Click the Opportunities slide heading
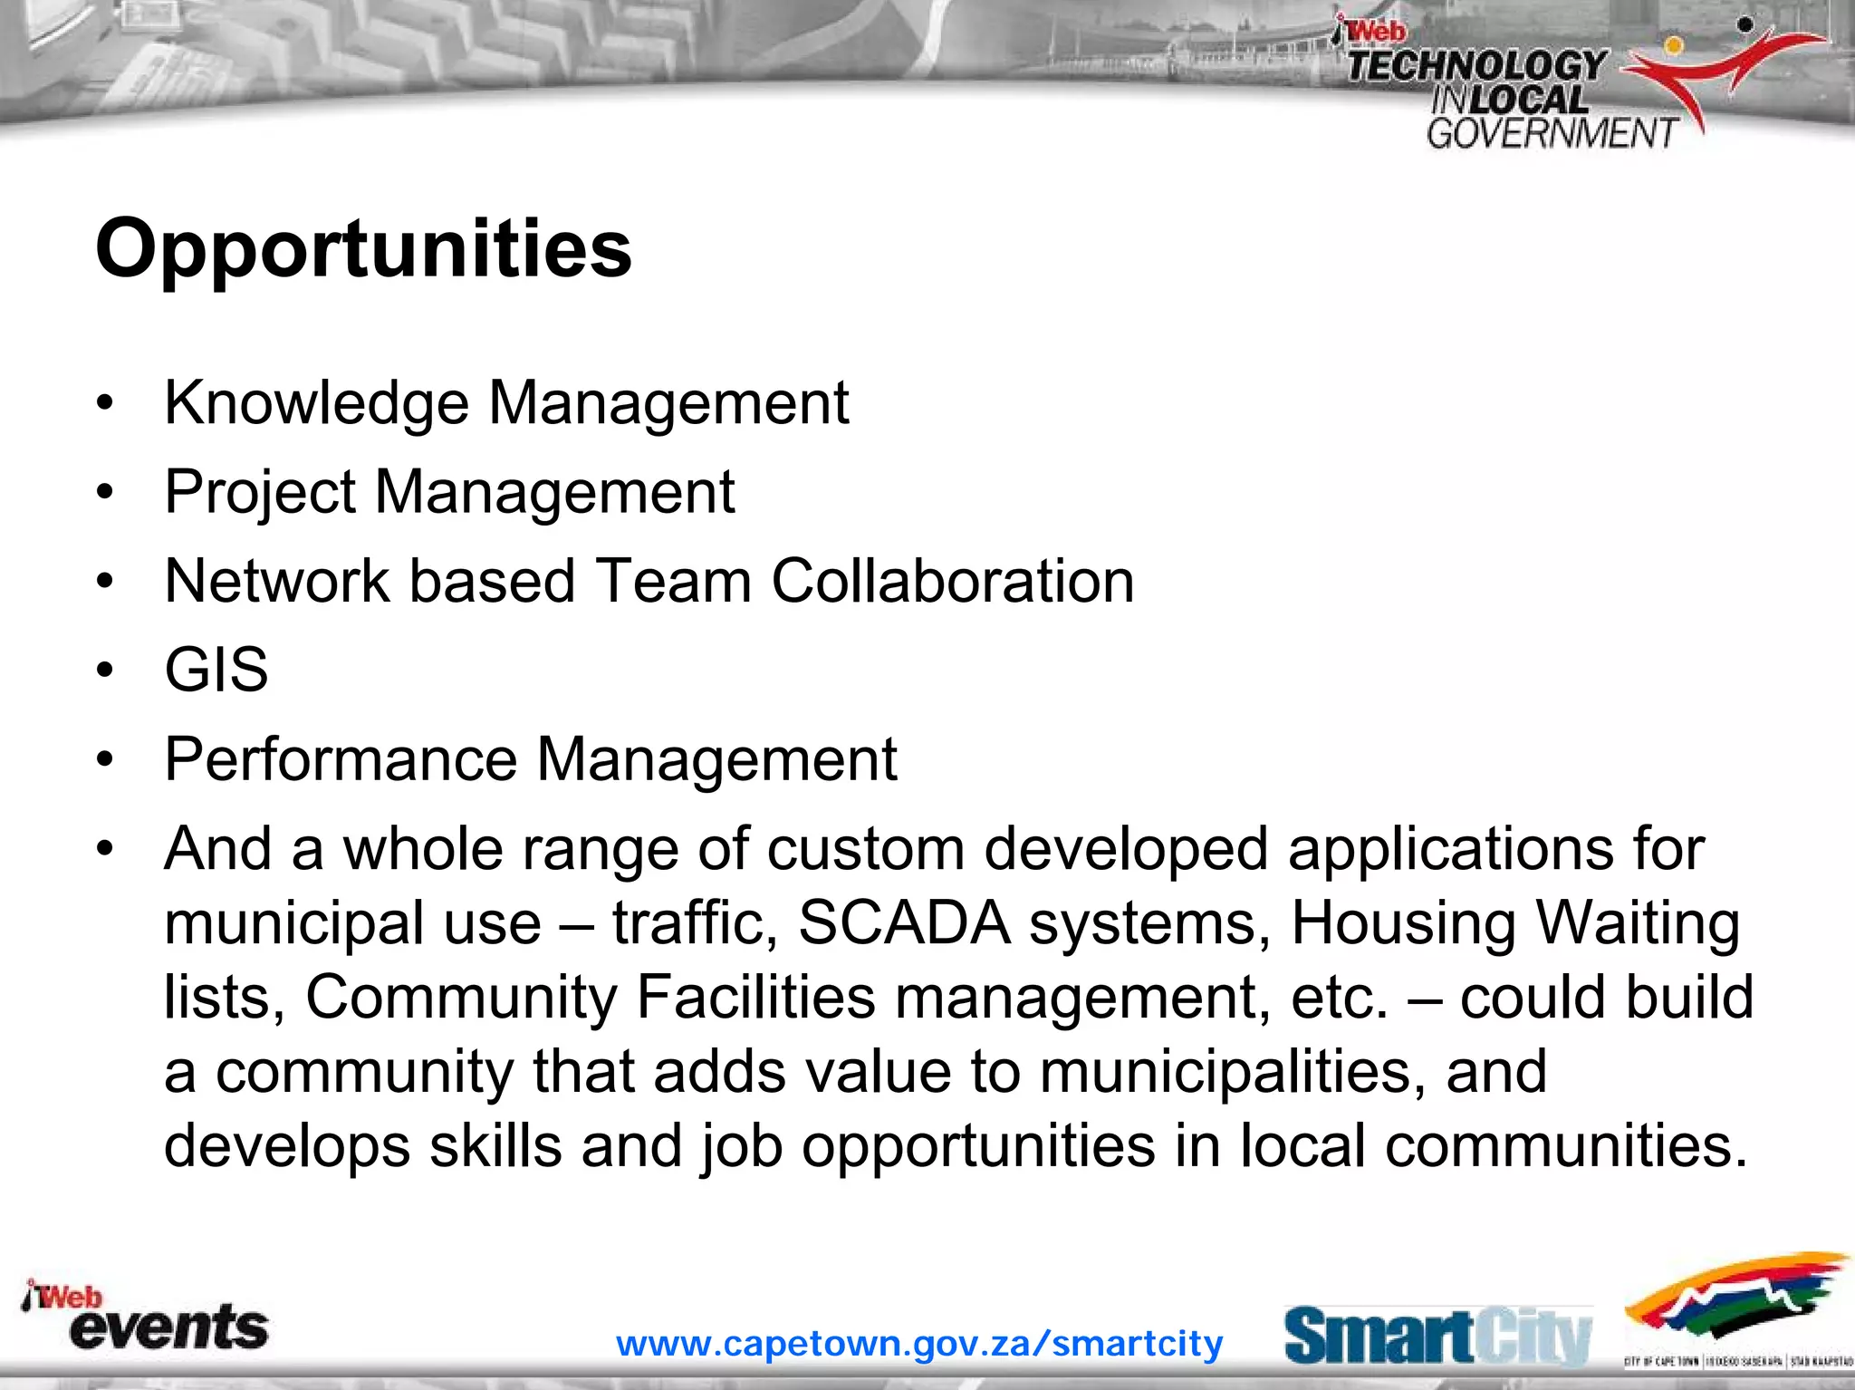pyautogui.click(x=363, y=249)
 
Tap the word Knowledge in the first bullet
pyautogui.click(x=316, y=403)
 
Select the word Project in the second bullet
pyautogui.click(x=260, y=493)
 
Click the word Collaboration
pyautogui.click(x=952, y=581)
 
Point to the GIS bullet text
pyautogui.click(x=216, y=671)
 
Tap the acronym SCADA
pyautogui.click(x=904, y=923)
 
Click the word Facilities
pyautogui.click(x=755, y=998)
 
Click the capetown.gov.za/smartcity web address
pyautogui.click(x=919, y=1343)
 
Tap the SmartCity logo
pyautogui.click(x=1437, y=1336)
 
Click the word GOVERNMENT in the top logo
pyautogui.click(x=1552, y=133)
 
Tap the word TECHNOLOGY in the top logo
pyautogui.click(x=1476, y=66)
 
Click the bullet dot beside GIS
pyautogui.click(x=106, y=671)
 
